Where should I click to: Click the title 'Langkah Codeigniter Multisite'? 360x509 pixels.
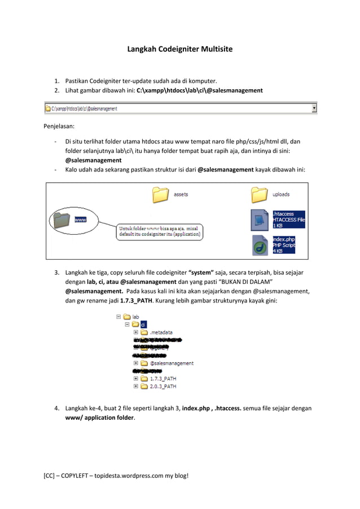click(x=179, y=49)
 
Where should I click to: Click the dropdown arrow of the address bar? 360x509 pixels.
click(x=314, y=108)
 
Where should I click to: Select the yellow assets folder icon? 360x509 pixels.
click(x=161, y=195)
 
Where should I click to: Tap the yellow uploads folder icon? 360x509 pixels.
click(x=259, y=195)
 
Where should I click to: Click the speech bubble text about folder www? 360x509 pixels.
click(x=160, y=231)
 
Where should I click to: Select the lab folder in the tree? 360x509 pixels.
click(x=135, y=317)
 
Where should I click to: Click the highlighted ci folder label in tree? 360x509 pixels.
click(x=143, y=325)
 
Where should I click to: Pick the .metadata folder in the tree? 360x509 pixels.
click(x=161, y=333)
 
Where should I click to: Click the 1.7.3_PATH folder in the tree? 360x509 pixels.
click(x=163, y=379)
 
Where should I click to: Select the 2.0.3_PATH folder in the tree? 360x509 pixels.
click(x=163, y=387)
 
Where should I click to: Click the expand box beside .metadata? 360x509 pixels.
click(x=136, y=333)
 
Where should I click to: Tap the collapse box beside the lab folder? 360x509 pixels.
click(x=118, y=317)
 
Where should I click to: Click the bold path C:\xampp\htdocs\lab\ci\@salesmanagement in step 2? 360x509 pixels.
click(x=199, y=90)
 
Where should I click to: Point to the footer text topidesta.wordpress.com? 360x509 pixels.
click(x=124, y=475)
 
